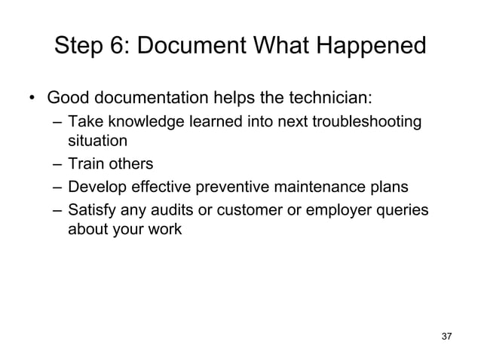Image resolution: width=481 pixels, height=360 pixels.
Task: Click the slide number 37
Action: coord(446,335)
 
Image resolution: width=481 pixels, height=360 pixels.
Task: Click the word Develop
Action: coord(96,187)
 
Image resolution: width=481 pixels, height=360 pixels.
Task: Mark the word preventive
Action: coord(221,187)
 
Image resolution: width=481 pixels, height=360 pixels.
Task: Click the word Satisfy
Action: coord(93,209)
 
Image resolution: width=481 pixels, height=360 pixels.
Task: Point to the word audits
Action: coord(172,209)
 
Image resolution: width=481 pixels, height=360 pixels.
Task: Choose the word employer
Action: coord(339,209)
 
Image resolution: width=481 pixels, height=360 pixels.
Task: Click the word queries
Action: coord(405,209)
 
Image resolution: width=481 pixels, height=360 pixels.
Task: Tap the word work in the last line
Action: coord(166,229)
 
